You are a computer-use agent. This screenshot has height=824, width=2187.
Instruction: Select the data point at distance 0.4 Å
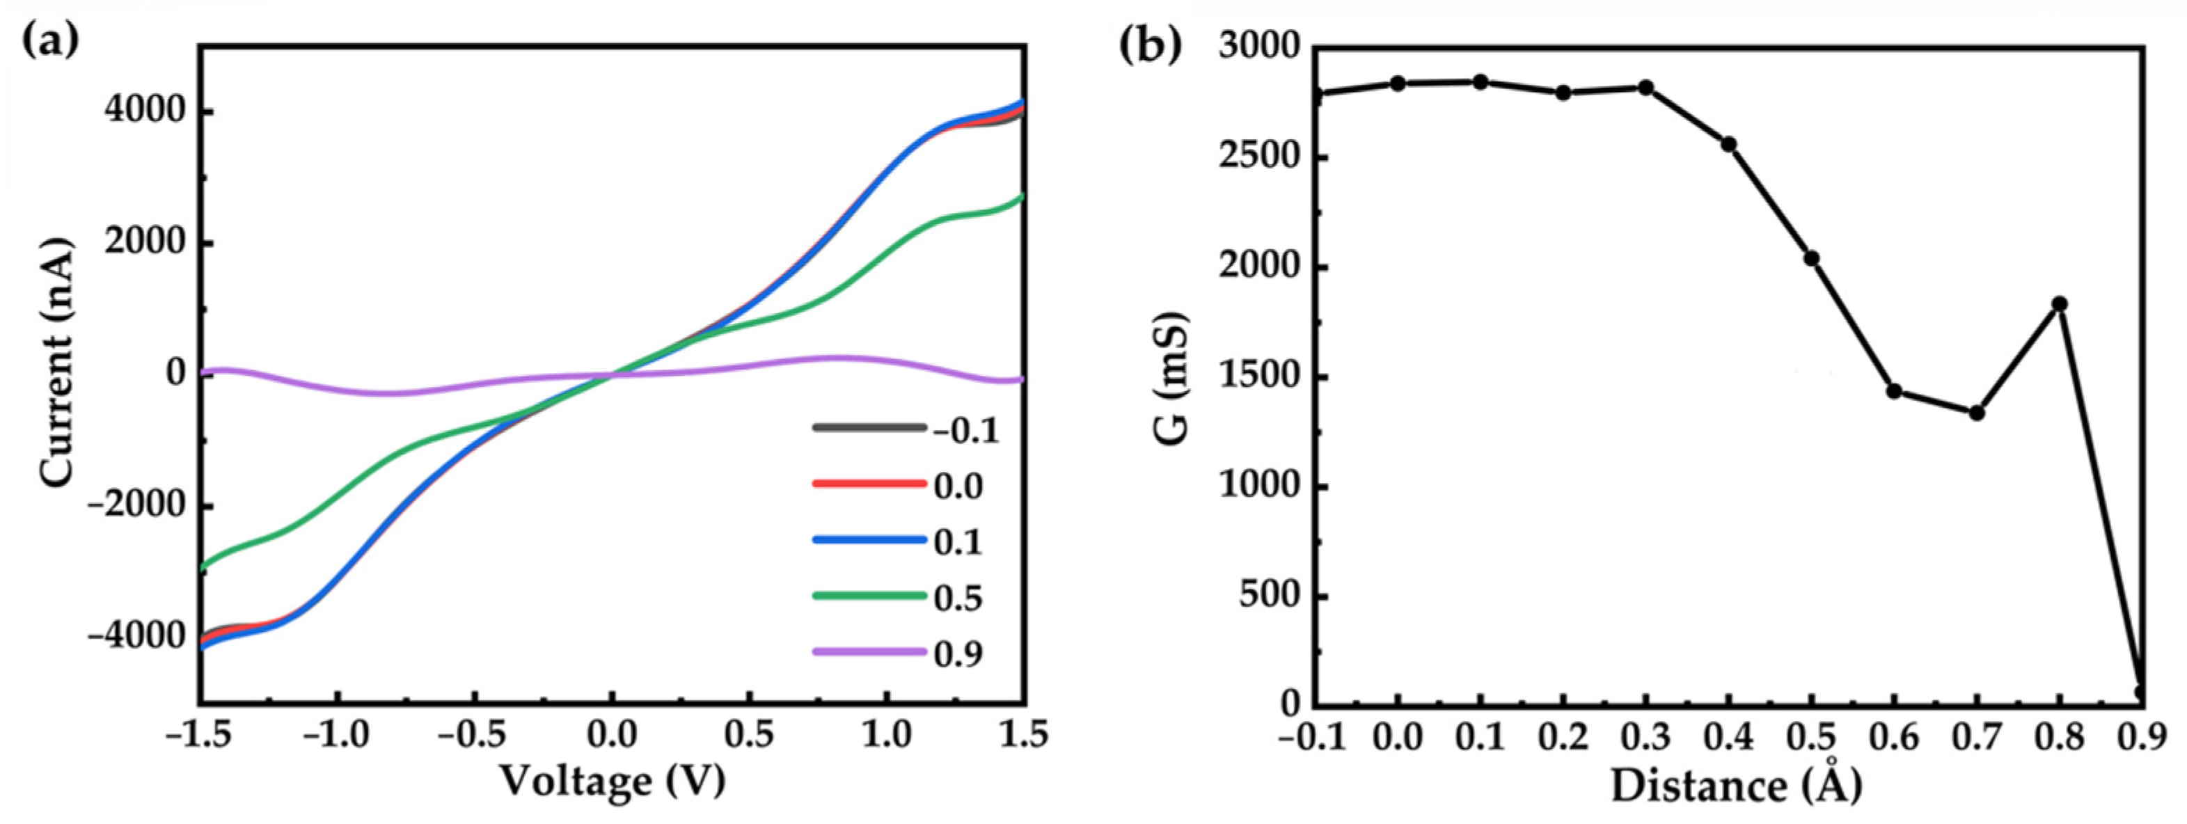1728,144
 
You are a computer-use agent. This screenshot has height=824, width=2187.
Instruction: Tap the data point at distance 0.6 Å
1894,391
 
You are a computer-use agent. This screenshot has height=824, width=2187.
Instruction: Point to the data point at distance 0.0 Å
1398,83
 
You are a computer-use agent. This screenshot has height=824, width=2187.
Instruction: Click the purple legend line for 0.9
869,651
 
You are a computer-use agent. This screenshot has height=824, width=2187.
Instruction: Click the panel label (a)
50,40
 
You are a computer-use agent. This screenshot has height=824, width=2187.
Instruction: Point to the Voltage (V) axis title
612,781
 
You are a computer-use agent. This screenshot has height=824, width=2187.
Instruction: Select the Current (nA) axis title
58,363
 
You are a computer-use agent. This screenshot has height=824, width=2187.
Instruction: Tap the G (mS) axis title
1171,379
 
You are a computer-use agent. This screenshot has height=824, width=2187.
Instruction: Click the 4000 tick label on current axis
143,111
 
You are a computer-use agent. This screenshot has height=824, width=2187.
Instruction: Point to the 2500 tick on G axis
1257,158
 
